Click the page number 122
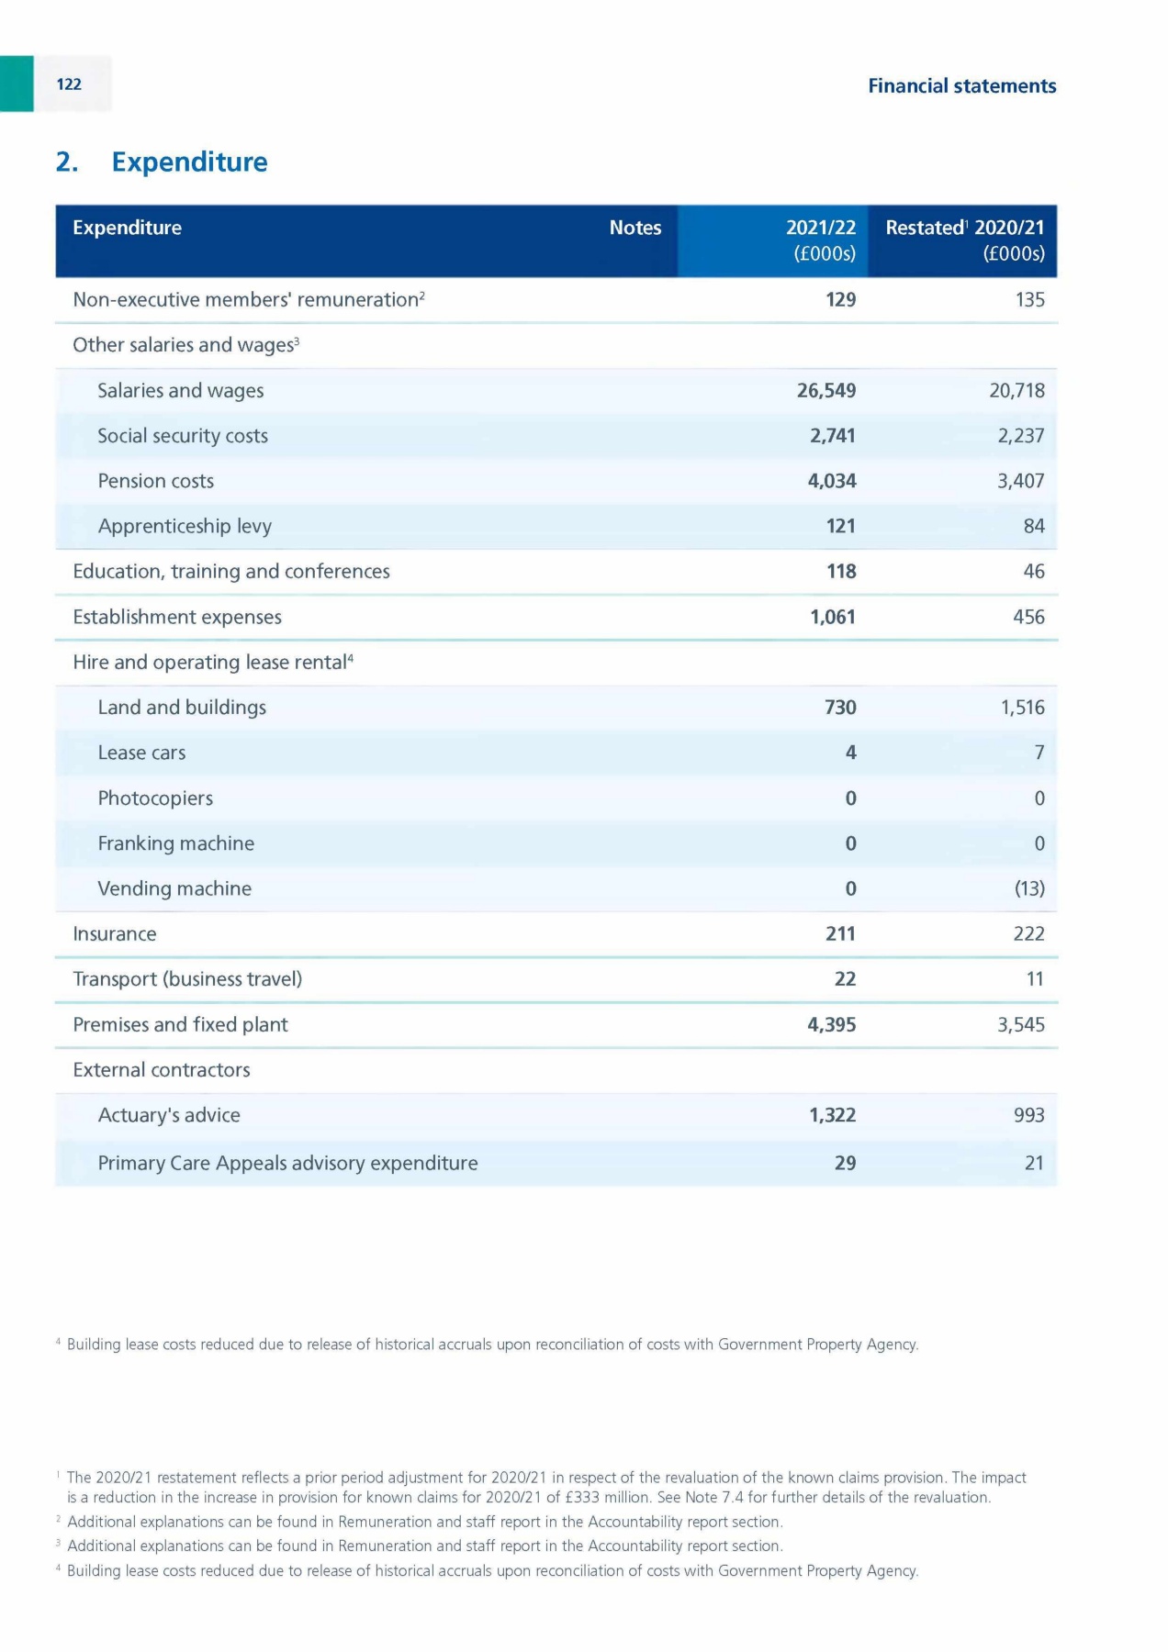pyautogui.click(x=69, y=84)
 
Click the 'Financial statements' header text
pyautogui.click(x=961, y=86)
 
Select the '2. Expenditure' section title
pyautogui.click(x=162, y=162)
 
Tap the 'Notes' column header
pyautogui.click(x=635, y=228)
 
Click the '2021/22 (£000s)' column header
pyautogui.click(x=822, y=240)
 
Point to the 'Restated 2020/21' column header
pyautogui.click(x=964, y=229)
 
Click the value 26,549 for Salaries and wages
pyautogui.click(x=825, y=391)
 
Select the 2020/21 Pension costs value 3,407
pyautogui.click(x=1020, y=481)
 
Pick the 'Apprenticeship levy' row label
pyautogui.click(x=185, y=526)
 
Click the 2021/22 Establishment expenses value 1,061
pyautogui.click(x=832, y=617)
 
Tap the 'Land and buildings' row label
pyautogui.click(x=182, y=708)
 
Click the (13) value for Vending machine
pyautogui.click(x=1028, y=888)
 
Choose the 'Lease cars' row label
pyautogui.click(x=141, y=753)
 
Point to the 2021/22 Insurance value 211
pyautogui.click(x=840, y=933)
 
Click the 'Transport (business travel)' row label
pyautogui.click(x=187, y=979)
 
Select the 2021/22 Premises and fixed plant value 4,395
pyautogui.click(x=831, y=1024)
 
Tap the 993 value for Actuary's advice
pyautogui.click(x=1028, y=1115)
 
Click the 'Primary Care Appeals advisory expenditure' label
pyautogui.click(x=287, y=1163)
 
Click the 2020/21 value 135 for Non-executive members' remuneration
pyautogui.click(x=1029, y=300)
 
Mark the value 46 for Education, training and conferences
pyautogui.click(x=1033, y=572)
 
